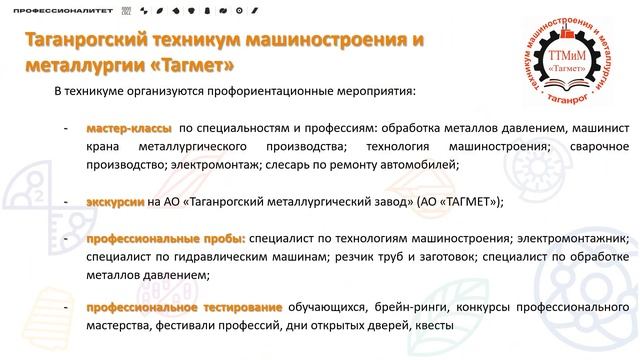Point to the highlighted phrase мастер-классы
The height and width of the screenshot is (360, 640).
click(129, 129)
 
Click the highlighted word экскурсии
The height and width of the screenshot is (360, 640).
click(116, 200)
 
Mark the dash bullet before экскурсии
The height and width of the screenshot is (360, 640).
click(65, 200)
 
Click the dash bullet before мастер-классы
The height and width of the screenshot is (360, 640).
click(65, 129)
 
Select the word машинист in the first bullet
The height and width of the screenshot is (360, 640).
click(600, 129)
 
